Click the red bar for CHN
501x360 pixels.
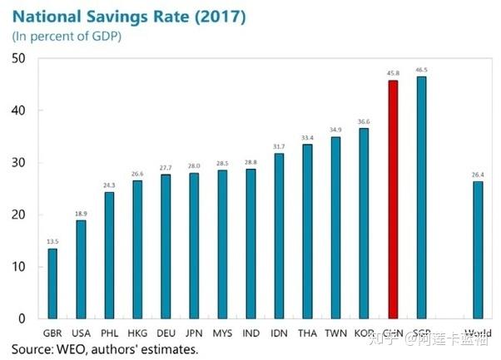click(393, 200)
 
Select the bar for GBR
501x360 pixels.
click(52, 284)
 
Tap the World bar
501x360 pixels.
click(478, 249)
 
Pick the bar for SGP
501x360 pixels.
click(421, 197)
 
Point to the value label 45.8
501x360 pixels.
click(393, 72)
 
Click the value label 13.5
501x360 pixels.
click(52, 240)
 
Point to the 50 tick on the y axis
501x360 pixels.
click(18, 58)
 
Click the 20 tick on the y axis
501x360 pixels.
click(18, 215)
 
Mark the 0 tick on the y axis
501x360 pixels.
click(22, 318)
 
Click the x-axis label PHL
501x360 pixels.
click(109, 333)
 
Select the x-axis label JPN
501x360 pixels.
click(194, 333)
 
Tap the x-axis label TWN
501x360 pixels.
click(335, 333)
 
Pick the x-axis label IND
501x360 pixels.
click(250, 333)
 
